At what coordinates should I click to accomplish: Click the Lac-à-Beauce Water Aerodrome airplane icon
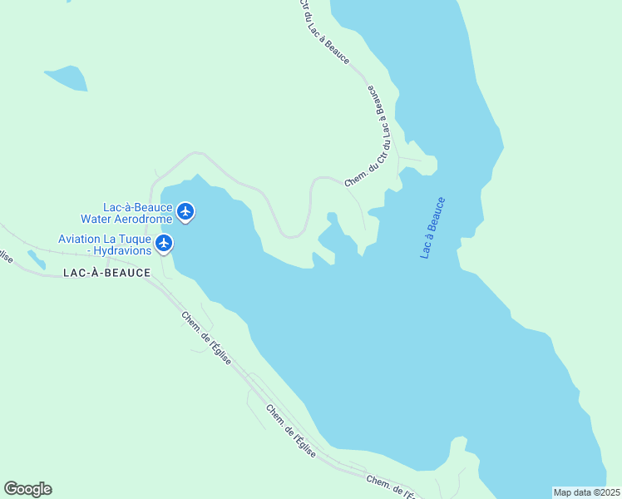[x=185, y=212]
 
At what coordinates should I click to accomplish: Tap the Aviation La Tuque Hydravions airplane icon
[x=165, y=244]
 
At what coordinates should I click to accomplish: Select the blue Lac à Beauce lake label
[x=432, y=227]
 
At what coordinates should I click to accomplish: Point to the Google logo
[x=27, y=489]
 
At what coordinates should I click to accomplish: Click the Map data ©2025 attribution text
[x=586, y=492]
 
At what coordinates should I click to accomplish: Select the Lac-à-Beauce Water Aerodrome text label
[x=126, y=213]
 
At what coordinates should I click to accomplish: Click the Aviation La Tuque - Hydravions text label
[x=105, y=245]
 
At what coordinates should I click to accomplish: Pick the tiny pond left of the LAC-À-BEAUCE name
[x=36, y=260]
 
